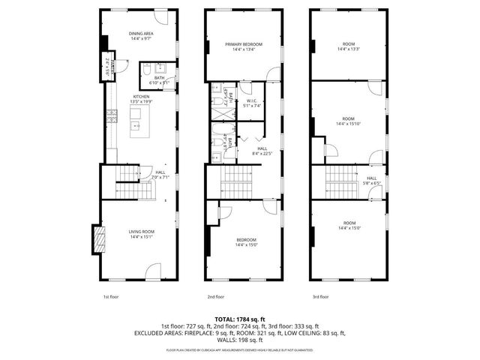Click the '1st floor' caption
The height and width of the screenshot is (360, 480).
coord(111,297)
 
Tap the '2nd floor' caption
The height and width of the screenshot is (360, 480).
coord(215,297)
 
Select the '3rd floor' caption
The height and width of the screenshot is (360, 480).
coord(319,297)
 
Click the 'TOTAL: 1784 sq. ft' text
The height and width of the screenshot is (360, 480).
coord(239,319)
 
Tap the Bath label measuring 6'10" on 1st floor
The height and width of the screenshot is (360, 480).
coord(159,79)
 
